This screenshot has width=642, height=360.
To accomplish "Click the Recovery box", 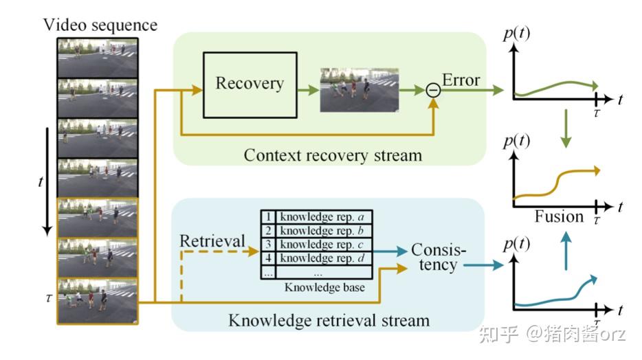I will pos(250,84).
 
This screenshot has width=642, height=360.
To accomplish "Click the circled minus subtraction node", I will pos(432,89).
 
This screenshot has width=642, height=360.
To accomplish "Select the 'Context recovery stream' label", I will pos(333,155).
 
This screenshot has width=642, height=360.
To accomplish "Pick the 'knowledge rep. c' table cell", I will pos(322,244).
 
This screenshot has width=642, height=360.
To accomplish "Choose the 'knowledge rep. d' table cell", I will pos(322,258).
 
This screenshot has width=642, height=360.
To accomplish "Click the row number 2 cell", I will pos(269,229).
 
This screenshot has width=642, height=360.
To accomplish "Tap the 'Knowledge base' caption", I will pos(324,287).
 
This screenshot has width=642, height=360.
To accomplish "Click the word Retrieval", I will pos(212,241).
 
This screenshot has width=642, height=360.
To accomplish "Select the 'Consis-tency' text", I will pos(438,257).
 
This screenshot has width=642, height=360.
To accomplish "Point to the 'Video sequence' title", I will pos(100,26).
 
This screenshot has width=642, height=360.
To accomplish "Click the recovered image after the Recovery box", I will pos(359,89).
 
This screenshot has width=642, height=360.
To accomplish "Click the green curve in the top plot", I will pos(557,87).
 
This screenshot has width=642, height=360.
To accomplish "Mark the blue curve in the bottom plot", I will pos(550,300).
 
